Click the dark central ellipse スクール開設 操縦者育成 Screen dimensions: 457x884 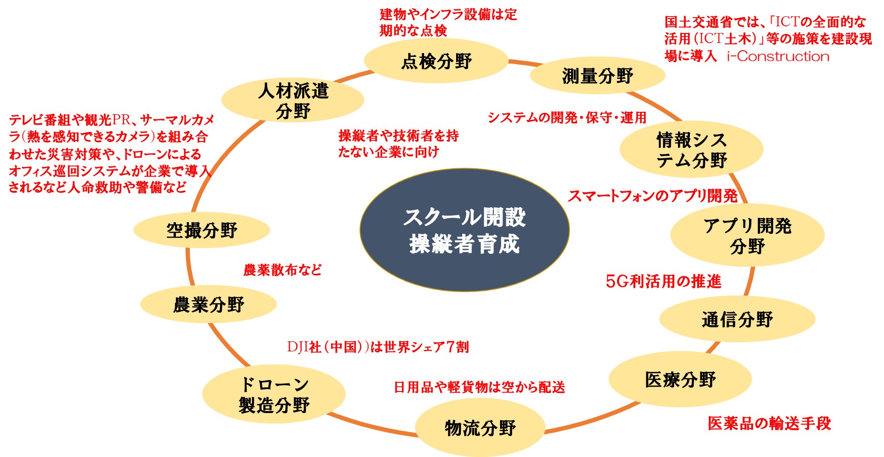click(x=464, y=230)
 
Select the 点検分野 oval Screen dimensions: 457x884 click(x=436, y=61)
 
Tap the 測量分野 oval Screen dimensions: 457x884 click(x=597, y=76)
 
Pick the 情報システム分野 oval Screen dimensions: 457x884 click(x=691, y=150)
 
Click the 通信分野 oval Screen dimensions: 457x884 click(x=737, y=319)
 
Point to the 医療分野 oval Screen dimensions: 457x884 click(x=680, y=380)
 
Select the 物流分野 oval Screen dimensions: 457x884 click(x=480, y=427)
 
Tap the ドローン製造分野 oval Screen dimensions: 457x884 click(x=274, y=394)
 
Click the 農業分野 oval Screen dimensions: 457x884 click(x=208, y=304)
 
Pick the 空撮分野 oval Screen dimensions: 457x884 click(x=201, y=230)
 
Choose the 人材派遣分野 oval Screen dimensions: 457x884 click(x=293, y=100)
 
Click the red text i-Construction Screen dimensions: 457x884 click(x=778, y=56)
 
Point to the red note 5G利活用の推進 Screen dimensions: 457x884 click(x=663, y=281)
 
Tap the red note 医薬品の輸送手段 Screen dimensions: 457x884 click(x=769, y=423)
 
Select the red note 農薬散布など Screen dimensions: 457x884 click(x=283, y=270)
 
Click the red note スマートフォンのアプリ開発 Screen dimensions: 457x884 click(x=653, y=196)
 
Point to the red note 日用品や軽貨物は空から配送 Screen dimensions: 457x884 click(x=479, y=387)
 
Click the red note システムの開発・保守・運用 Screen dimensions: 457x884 click(x=567, y=118)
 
